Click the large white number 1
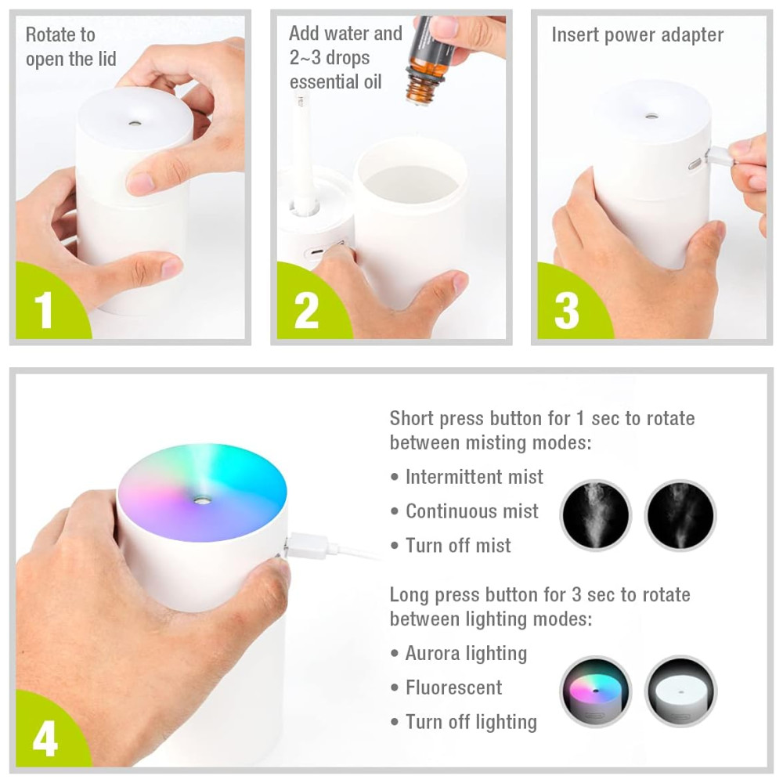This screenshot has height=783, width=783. (44, 310)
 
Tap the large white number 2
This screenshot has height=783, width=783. (306, 310)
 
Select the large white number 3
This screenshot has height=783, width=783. (567, 310)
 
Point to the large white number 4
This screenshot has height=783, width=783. (45, 739)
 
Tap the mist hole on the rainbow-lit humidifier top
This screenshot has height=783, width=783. (202, 499)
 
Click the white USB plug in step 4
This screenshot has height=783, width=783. (306, 546)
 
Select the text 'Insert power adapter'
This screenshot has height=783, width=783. (637, 35)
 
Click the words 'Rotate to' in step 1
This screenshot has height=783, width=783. (60, 35)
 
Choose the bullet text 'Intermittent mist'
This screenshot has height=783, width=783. (474, 477)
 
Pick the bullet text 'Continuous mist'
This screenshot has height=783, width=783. (472, 511)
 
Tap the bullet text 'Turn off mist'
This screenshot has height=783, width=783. (458, 545)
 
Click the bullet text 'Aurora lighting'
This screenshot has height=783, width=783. (466, 654)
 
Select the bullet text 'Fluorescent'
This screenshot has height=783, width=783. (453, 687)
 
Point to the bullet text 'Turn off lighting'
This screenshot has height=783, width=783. (471, 723)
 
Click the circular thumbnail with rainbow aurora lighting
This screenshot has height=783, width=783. (596, 691)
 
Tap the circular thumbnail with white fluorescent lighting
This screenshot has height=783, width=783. (680, 691)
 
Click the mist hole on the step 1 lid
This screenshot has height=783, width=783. (134, 122)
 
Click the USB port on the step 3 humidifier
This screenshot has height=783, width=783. (695, 164)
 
